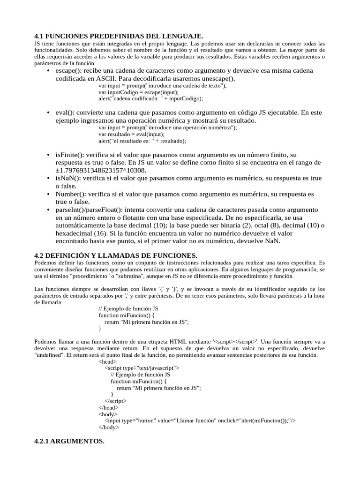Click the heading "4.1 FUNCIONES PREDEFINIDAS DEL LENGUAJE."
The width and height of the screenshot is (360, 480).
click(x=119, y=36)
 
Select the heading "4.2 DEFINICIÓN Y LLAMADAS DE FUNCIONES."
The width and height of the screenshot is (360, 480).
click(x=116, y=255)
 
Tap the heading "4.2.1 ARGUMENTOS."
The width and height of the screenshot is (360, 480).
click(x=69, y=442)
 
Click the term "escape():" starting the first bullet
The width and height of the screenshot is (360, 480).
click(x=69, y=70)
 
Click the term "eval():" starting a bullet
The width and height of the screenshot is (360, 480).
click(x=65, y=112)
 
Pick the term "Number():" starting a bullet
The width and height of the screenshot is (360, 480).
click(x=70, y=194)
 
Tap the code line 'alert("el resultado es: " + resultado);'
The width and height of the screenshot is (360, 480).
click(x=142, y=141)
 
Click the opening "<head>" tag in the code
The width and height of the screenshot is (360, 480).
click(x=107, y=361)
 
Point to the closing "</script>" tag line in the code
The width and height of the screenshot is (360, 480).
click(x=115, y=401)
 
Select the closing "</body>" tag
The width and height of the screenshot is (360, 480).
click(x=109, y=427)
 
